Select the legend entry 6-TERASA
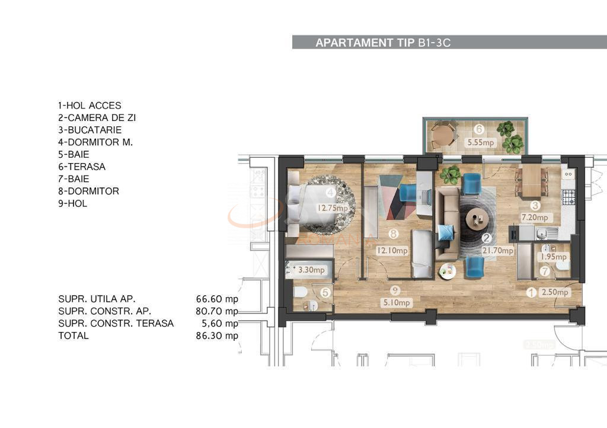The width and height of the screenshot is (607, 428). [82, 167]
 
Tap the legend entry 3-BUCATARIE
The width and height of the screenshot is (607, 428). [90, 130]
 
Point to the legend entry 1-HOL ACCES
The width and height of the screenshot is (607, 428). [90, 106]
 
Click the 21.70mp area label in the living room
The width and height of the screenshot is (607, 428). [498, 251]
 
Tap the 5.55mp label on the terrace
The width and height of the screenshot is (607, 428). [480, 143]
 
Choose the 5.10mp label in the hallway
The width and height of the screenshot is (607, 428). [397, 303]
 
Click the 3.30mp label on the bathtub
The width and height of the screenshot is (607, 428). [311, 270]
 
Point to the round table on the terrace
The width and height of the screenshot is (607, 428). [442, 134]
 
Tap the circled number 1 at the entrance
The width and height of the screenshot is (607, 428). [532, 292]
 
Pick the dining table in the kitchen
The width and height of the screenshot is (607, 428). [531, 181]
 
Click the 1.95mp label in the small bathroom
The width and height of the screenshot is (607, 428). [552, 257]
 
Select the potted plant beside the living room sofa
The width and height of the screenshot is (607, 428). [451, 175]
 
